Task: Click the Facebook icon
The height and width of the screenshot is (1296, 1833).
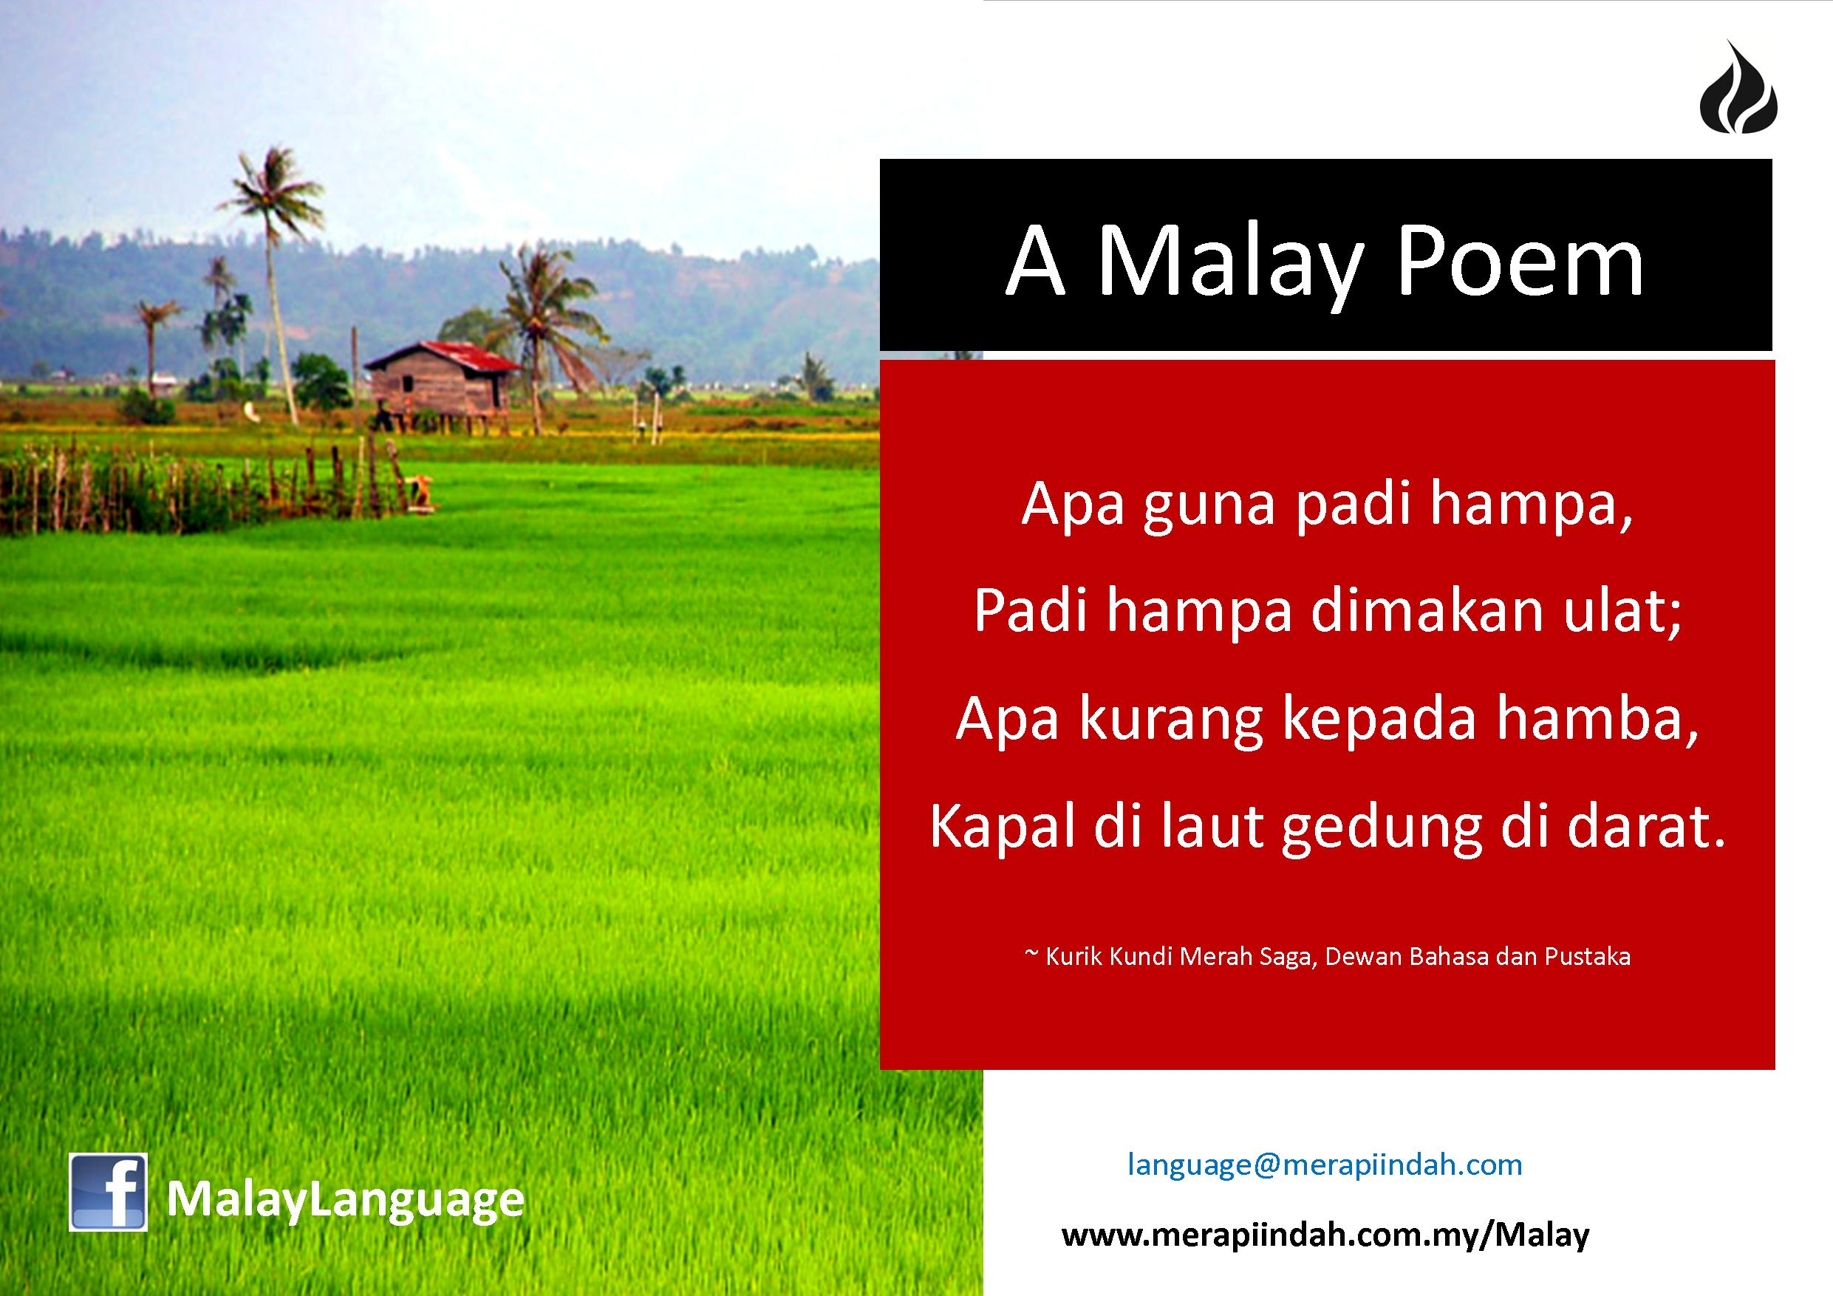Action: point(108,1193)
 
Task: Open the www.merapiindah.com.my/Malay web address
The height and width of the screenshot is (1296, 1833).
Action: point(1325,1235)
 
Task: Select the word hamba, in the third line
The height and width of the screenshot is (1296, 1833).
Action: point(1597,719)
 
